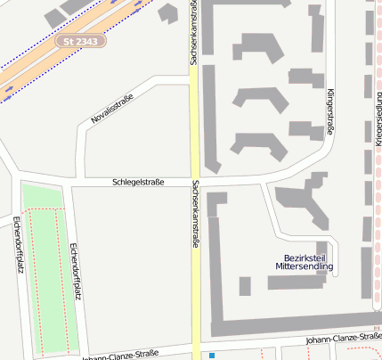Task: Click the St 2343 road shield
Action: [x=81, y=41]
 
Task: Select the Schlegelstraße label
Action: [x=138, y=182]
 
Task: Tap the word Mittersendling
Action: [x=304, y=266]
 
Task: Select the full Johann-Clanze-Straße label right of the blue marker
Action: [x=343, y=339]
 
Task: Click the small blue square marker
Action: [x=212, y=356]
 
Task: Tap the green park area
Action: [x=45, y=267]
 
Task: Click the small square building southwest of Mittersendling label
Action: [x=245, y=285]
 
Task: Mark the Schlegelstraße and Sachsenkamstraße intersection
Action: [x=194, y=182]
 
